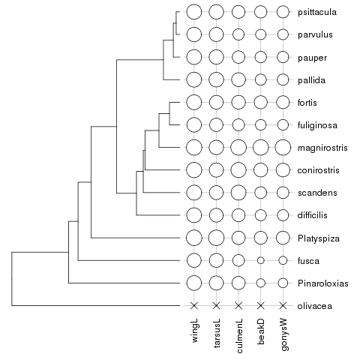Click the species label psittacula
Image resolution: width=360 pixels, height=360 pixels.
(x=317, y=12)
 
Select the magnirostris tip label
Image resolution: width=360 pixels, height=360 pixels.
(x=322, y=148)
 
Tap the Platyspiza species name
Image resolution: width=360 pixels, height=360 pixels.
(x=319, y=238)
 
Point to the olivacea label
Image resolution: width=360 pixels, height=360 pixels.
(x=315, y=306)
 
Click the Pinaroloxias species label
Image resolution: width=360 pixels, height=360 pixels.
(x=323, y=283)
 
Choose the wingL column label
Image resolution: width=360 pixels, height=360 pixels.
(x=195, y=331)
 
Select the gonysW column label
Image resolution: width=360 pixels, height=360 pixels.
(x=284, y=334)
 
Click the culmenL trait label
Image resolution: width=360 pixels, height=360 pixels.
(x=238, y=336)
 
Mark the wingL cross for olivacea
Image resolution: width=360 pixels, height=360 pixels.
(x=194, y=305)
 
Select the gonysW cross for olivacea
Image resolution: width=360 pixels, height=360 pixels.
(x=283, y=305)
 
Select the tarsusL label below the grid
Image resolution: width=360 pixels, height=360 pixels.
(x=217, y=333)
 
